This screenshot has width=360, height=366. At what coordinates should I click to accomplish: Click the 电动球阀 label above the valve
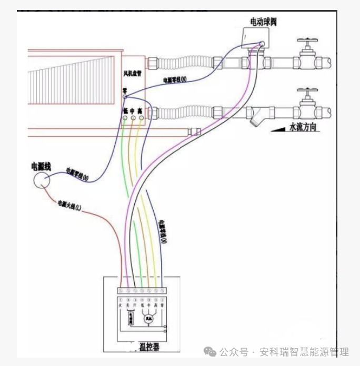[x=263, y=22]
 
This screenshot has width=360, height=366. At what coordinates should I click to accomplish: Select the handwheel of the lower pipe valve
[x=306, y=90]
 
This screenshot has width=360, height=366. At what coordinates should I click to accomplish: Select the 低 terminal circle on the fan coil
[x=125, y=119]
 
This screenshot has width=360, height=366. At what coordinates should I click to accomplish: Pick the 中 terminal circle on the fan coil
[x=133, y=119]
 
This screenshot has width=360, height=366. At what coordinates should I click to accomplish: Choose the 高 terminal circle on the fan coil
[x=141, y=119]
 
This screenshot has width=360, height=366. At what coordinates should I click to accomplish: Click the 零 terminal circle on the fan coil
[x=125, y=97]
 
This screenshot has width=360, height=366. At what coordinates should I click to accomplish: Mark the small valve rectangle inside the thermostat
[x=132, y=318]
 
